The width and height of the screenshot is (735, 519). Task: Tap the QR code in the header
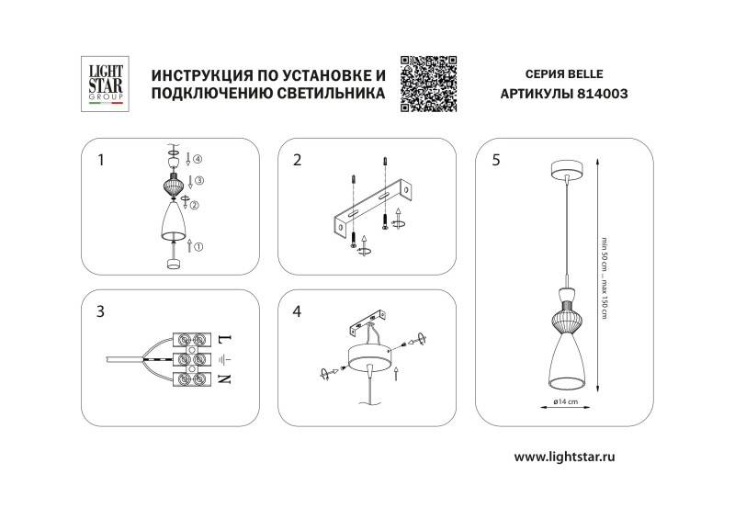tap(429, 83)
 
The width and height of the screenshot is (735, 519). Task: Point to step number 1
tap(100, 160)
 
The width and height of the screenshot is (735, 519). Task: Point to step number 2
tap(297, 160)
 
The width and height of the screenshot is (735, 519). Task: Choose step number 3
tap(100, 310)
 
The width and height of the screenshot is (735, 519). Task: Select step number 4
tap(297, 310)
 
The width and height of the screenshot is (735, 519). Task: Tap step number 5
tap(496, 160)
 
